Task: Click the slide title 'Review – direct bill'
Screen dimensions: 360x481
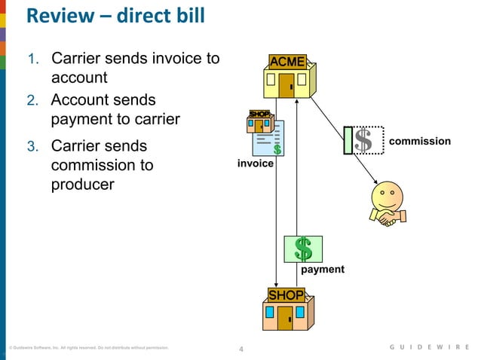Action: (x=115, y=16)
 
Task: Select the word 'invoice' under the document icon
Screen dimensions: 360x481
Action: (x=256, y=163)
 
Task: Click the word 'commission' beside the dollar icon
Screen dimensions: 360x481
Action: (x=425, y=141)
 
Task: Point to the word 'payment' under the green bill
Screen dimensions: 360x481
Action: (x=323, y=269)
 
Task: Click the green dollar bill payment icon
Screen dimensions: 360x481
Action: (x=303, y=249)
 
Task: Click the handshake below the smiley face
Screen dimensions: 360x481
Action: (x=389, y=218)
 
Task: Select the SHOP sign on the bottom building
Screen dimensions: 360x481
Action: (x=286, y=294)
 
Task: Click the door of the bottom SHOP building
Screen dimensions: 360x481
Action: (x=285, y=319)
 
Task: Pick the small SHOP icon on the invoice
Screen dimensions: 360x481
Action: (x=259, y=115)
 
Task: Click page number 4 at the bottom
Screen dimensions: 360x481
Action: (x=240, y=349)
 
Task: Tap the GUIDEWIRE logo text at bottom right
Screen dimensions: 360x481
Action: (x=429, y=347)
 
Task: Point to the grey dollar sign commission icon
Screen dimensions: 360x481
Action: (x=363, y=141)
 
